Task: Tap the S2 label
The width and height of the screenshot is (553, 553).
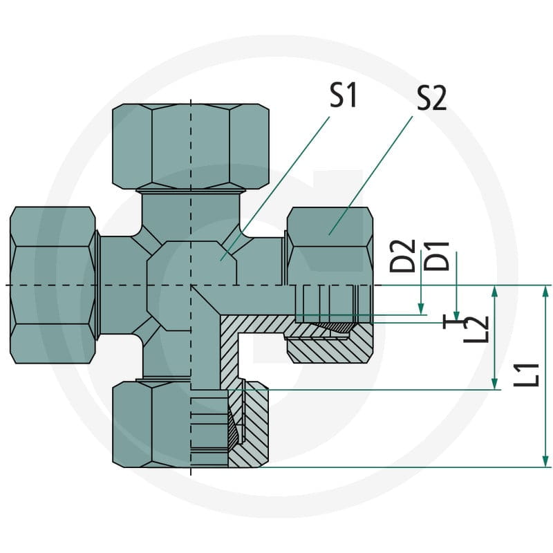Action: coord(432,98)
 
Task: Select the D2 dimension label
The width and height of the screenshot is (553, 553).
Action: coord(402,256)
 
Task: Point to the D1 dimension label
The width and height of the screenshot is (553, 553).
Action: coord(437,256)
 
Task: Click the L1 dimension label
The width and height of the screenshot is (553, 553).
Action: coord(526,375)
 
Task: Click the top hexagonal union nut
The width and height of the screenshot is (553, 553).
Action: coord(191,147)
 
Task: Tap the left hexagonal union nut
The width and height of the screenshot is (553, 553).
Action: coord(53,285)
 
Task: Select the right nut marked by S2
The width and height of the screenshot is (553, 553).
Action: coord(330,247)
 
